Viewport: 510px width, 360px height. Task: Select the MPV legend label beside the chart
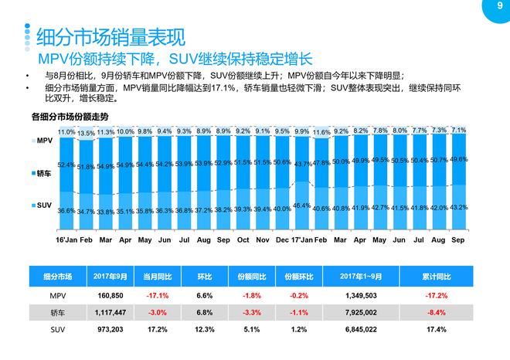(x=43, y=141)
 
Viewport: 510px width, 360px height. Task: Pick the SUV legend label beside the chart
(x=43, y=207)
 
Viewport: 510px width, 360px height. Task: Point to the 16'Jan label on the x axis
(x=66, y=240)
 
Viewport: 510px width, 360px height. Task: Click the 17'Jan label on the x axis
(x=301, y=240)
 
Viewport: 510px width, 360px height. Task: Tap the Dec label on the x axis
(x=282, y=240)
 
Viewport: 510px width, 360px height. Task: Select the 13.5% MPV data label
(x=87, y=133)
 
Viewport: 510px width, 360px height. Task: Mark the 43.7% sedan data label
(x=302, y=164)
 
